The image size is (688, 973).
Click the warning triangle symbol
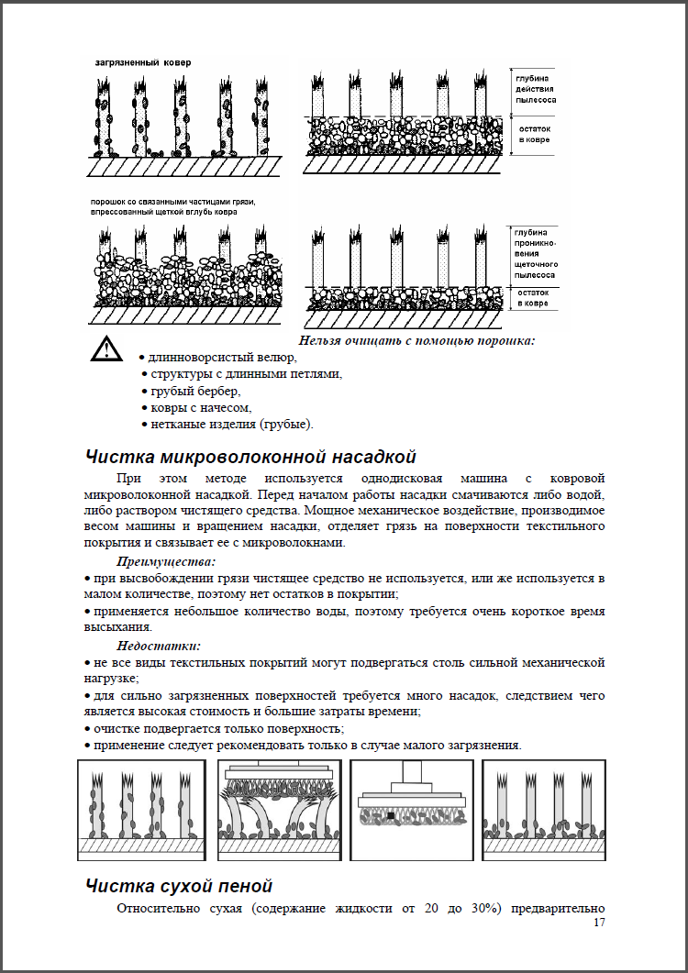click(x=106, y=349)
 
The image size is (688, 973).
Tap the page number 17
click(x=600, y=923)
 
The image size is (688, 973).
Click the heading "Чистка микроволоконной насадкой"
click(x=250, y=457)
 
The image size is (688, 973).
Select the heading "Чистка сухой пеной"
click(x=178, y=886)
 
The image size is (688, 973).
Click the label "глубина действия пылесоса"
click(x=535, y=90)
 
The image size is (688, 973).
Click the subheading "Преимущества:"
click(x=166, y=561)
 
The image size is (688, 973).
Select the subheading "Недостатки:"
click(x=159, y=646)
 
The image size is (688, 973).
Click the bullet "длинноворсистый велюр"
click(x=218, y=357)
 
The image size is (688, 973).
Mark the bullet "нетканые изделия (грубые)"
click(x=231, y=424)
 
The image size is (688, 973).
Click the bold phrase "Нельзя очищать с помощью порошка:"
click(x=416, y=341)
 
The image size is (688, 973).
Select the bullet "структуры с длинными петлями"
click(x=245, y=374)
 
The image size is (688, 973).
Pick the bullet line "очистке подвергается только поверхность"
click(x=218, y=728)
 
